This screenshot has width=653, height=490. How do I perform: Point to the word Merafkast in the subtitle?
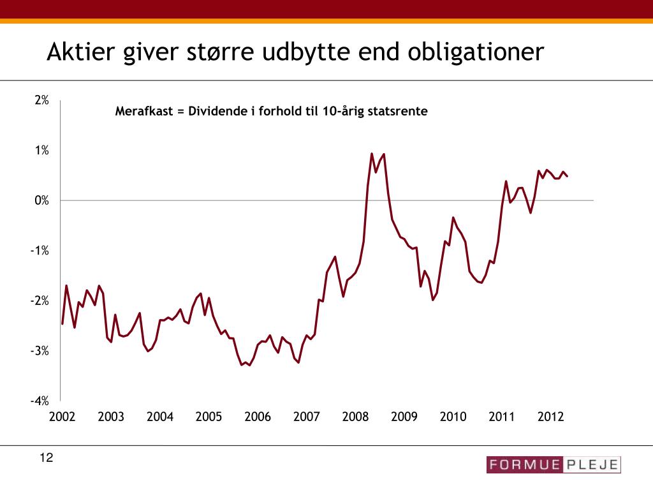point(143,111)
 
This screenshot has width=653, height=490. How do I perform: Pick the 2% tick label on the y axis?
point(42,100)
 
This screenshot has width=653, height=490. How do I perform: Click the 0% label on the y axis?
point(42,200)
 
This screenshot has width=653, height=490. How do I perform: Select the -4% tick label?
point(40,401)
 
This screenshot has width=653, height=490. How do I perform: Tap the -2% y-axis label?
point(40,301)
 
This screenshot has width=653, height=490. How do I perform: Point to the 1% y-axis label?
point(42,151)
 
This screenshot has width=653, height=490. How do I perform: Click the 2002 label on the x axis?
point(62,417)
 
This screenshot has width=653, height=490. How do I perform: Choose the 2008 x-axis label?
point(355,417)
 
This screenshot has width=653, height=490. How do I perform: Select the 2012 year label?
point(551,417)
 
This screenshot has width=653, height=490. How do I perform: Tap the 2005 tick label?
point(209,417)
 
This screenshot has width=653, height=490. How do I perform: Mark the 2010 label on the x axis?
point(453,417)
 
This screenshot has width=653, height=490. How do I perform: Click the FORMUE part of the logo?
point(524,464)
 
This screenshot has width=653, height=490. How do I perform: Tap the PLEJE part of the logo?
point(591,464)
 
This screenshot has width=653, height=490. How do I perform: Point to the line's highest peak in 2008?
point(372,153)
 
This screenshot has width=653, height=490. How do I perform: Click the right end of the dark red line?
point(568,176)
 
